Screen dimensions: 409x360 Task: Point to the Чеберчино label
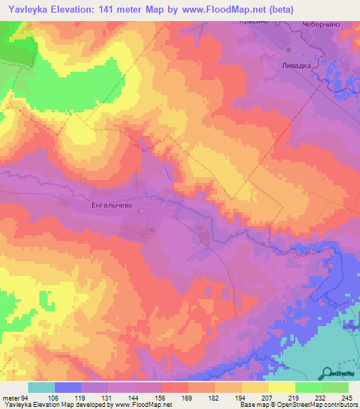click(x=321, y=23)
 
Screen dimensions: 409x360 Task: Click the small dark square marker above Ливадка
click(x=288, y=48)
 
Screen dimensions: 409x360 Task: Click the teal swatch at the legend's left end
click(x=41, y=387)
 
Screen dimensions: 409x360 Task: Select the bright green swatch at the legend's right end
click(x=335, y=387)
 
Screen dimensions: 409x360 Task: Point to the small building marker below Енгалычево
click(x=151, y=229)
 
